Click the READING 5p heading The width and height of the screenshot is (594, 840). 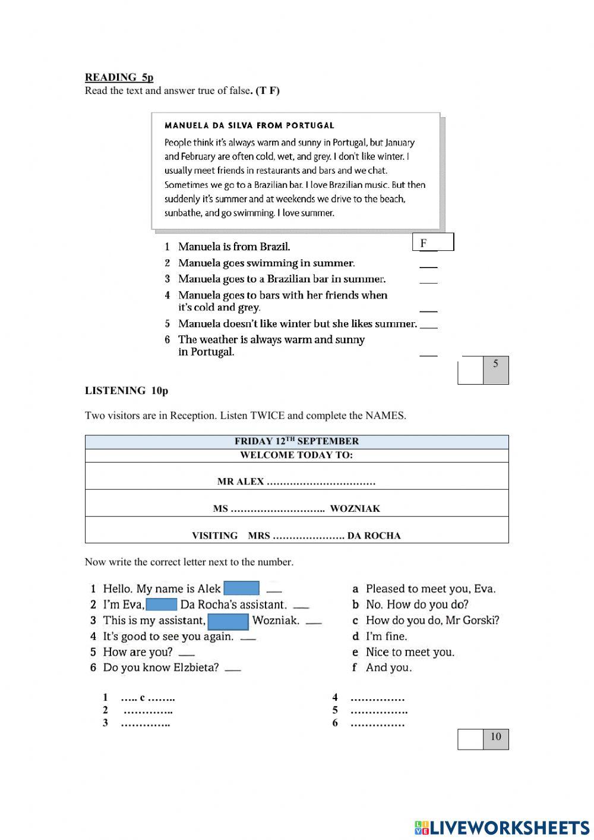coord(119,77)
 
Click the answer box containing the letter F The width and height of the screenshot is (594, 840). coord(433,243)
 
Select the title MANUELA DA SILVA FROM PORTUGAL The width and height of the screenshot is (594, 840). coord(249,125)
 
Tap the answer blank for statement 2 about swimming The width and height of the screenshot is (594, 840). coord(428,264)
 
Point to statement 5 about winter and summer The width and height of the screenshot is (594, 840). coord(297,324)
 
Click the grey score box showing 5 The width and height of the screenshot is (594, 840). coord(495,370)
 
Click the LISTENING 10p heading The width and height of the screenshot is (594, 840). coord(127,391)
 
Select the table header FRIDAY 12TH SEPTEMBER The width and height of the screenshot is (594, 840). coord(296,441)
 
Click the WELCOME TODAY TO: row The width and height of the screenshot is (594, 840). coord(296,455)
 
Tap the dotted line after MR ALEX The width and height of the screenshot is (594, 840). coord(321,482)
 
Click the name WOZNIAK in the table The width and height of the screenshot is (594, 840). coord(355,509)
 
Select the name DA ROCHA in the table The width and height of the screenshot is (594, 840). coord(374,536)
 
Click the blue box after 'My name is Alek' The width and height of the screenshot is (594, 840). coord(241,589)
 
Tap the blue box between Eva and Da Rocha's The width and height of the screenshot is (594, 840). coord(162,605)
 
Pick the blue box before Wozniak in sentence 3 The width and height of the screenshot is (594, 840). coord(228,621)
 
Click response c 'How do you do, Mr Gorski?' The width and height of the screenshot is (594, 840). coord(432,621)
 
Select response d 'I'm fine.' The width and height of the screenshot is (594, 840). coord(386,637)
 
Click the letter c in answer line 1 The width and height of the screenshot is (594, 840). coord(143,698)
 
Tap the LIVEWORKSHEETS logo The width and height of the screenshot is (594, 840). coord(502,828)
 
